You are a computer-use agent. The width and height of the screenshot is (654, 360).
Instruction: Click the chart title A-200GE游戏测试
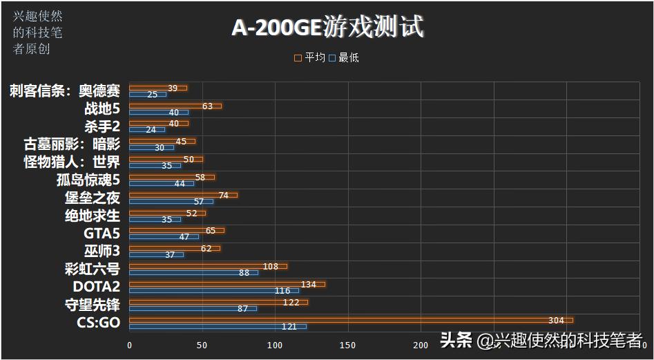pos(327,28)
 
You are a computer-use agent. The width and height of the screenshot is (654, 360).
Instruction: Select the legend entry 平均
pos(310,58)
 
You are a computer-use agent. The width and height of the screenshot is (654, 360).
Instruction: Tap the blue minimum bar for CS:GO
pos(218,326)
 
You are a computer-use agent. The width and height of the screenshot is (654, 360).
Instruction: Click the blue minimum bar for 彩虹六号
pos(193,272)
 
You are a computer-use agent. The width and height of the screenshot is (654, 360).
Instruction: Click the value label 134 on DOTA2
pos(309,284)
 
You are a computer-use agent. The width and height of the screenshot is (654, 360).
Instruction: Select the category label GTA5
pos(102,234)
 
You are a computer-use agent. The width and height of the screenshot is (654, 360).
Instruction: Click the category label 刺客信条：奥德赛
pos(65,91)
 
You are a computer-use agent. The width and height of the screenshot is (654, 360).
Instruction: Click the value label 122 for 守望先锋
pos(291,302)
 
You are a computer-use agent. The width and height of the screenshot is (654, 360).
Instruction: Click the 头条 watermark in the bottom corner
pos(456,339)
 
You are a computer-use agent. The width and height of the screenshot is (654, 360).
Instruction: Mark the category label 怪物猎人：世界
pos(71,162)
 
